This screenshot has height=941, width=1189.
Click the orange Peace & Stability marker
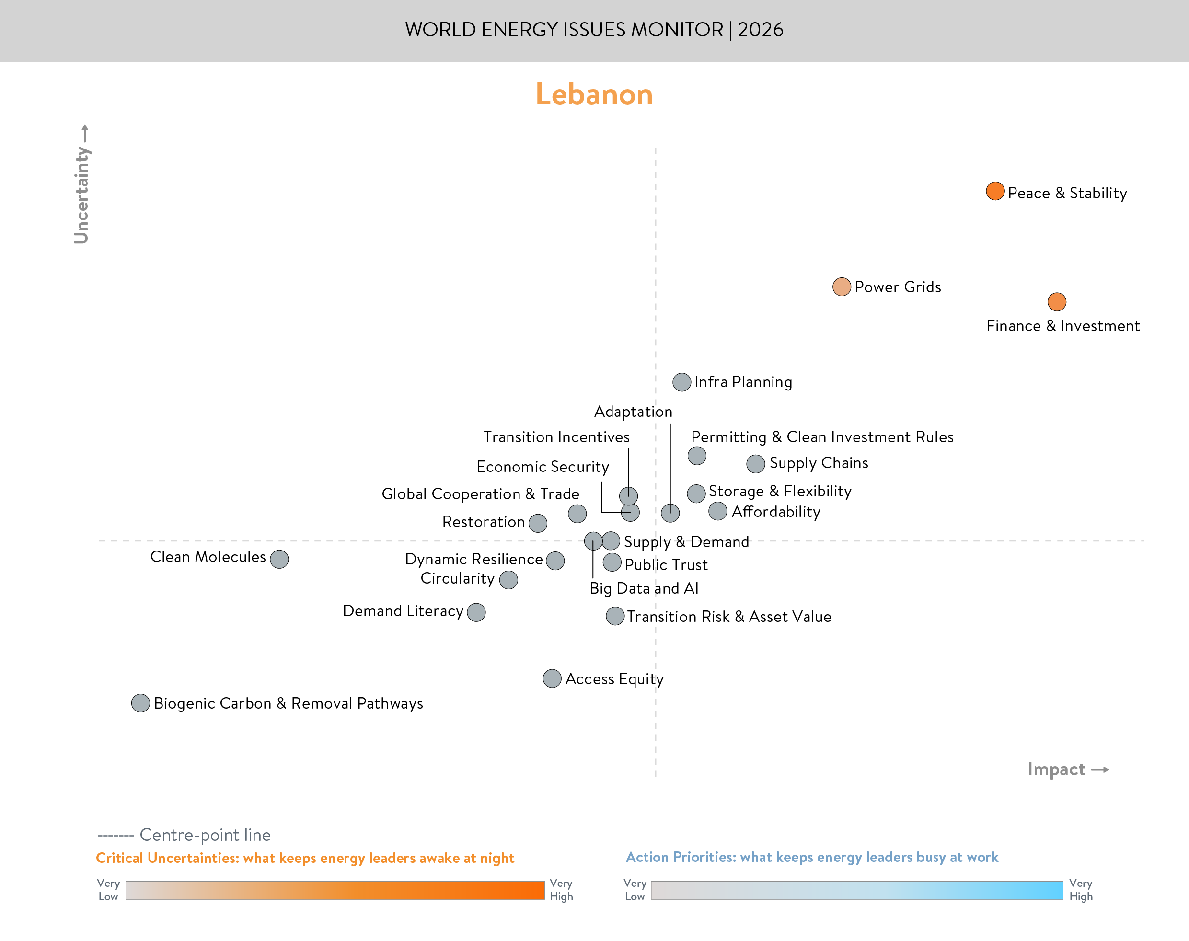click(x=994, y=191)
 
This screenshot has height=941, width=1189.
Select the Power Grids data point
click(x=842, y=287)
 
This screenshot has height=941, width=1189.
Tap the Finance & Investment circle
click(x=1056, y=301)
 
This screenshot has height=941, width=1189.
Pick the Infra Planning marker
click(x=681, y=382)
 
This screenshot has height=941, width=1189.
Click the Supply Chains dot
click(x=755, y=464)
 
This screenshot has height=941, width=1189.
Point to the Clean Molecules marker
click(x=279, y=559)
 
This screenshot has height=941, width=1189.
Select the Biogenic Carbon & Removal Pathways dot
click(x=140, y=703)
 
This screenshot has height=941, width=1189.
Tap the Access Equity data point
click(x=552, y=678)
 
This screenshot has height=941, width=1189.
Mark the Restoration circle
click(x=538, y=523)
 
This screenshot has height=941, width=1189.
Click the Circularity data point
click(x=508, y=580)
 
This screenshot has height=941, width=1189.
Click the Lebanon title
click(x=594, y=94)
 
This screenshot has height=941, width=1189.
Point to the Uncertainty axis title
click(x=81, y=195)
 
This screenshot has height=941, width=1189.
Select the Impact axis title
click(x=1056, y=769)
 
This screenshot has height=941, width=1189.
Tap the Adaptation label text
click(x=633, y=412)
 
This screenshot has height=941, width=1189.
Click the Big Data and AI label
click(x=644, y=588)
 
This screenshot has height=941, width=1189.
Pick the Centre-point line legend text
click(x=205, y=835)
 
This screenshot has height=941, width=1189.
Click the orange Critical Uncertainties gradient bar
click(x=335, y=890)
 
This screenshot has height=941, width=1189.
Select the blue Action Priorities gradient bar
click(x=857, y=890)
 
